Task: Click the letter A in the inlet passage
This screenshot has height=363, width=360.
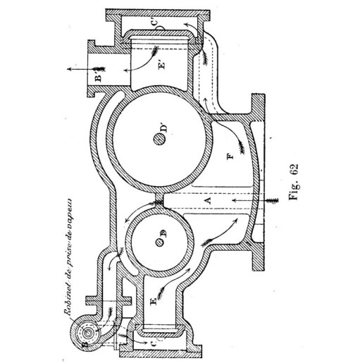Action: point(208,200)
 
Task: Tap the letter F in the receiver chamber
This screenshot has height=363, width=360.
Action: point(230,156)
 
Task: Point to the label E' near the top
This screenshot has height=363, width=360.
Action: point(162,64)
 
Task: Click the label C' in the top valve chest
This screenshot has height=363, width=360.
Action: point(154,23)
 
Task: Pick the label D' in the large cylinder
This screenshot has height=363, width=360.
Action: point(163,128)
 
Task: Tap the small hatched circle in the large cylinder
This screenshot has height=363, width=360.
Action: point(159,140)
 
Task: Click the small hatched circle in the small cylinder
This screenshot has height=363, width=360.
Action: point(159,242)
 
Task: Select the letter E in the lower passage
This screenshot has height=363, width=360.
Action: point(154,301)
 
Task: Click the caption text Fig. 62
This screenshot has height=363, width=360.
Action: point(294,182)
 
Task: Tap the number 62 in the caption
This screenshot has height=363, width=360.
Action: point(294,169)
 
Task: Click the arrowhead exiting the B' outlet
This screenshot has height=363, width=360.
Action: point(69,69)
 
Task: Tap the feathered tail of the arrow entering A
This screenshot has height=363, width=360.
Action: point(273,200)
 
